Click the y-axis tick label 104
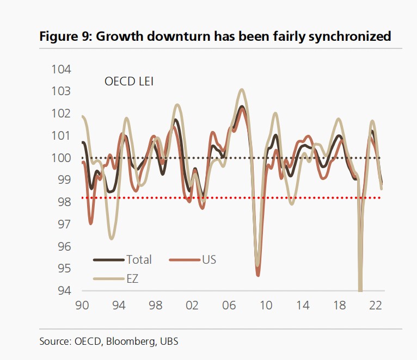[62, 69]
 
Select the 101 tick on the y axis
[62, 136]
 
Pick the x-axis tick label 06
[229, 306]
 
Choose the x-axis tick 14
[303, 306]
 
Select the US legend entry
[209, 259]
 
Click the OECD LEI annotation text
[130, 82]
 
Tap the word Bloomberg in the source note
[131, 342]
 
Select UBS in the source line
[169, 342]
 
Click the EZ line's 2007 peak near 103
[242, 90]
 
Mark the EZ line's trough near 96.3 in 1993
[112, 238]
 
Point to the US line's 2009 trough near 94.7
[257, 275]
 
